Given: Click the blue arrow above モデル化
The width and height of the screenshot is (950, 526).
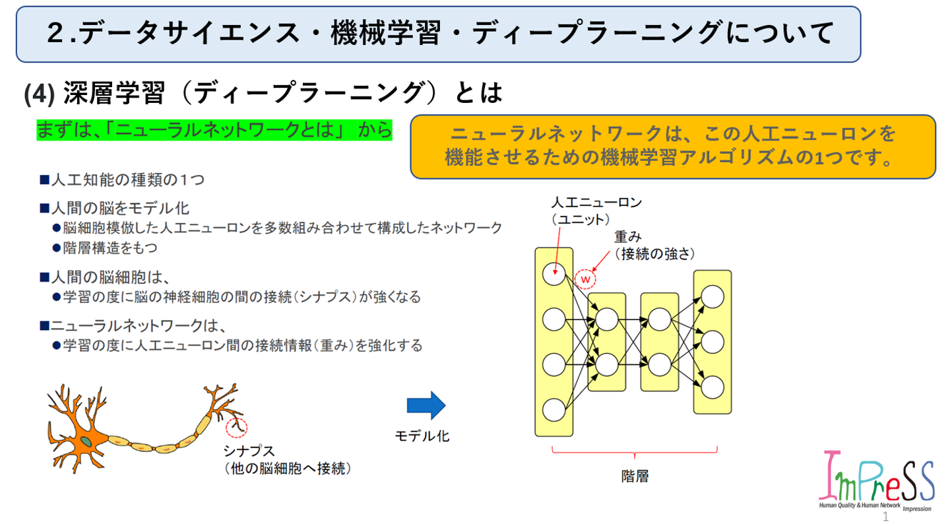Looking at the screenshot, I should coord(426,405).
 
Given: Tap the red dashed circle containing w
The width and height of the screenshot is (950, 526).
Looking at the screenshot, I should coord(585,279).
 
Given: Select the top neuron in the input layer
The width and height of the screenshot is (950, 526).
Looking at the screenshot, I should coord(554,273).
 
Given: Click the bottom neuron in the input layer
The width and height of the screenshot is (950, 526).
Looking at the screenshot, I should coord(554,410).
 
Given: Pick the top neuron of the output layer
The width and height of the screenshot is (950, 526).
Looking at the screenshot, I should coord(712,296).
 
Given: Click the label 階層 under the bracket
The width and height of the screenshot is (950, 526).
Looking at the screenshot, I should coord(635,476).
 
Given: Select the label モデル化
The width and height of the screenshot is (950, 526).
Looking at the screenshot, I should coord(422,436).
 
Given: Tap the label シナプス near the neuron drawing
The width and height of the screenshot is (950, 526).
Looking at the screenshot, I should coord(249,451).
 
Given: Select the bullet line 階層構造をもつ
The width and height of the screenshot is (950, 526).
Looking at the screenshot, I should coord(110,248).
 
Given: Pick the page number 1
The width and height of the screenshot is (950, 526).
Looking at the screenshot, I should coord(887,519).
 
